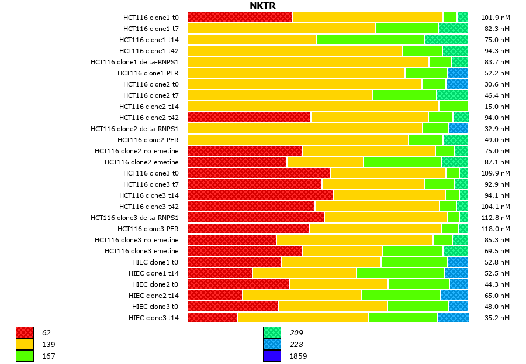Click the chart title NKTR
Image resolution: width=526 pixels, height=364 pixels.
click(x=262, y=6)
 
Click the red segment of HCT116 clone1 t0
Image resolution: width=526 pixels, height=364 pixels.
click(x=240, y=18)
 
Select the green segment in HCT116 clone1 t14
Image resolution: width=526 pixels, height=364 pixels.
click(x=371, y=40)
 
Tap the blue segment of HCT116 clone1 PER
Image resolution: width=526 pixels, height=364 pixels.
click(x=458, y=73)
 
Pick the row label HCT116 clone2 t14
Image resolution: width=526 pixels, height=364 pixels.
click(x=148, y=107)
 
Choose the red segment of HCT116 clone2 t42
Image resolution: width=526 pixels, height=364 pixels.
click(x=249, y=118)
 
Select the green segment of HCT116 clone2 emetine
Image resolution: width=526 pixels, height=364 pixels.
click(x=403, y=162)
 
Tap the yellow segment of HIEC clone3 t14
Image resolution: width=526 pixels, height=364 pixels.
click(x=303, y=317)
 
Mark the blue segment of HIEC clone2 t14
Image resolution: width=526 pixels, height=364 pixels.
click(x=454, y=296)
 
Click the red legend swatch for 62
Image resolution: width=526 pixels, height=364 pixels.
click(x=25, y=333)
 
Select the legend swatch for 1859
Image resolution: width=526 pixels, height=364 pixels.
click(x=272, y=356)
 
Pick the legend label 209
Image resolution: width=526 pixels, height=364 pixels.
click(x=296, y=333)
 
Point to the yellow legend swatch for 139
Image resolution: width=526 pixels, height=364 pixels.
click(x=25, y=345)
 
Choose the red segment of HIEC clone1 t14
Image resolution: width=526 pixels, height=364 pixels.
click(x=220, y=273)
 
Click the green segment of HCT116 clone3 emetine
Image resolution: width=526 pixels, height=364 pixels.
click(x=413, y=250)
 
